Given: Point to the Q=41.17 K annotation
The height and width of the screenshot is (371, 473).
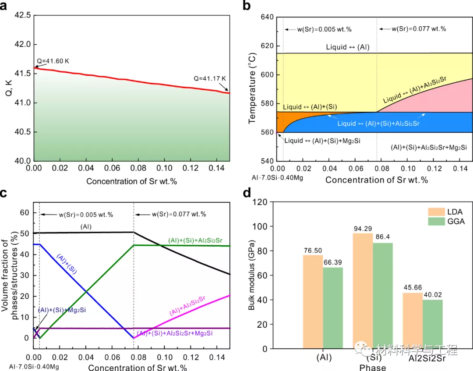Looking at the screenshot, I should coord(209,79).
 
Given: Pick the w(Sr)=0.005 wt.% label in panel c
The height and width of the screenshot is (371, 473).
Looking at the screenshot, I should coord(86,215).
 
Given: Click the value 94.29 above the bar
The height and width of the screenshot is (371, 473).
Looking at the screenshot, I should coord(363,229).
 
